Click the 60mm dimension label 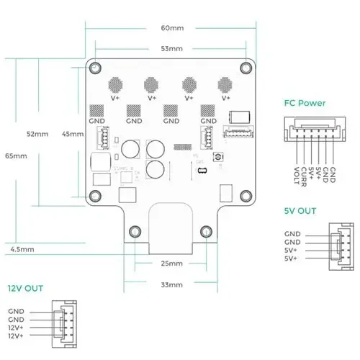[172, 28]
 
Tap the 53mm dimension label [172, 50]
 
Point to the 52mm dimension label [37, 134]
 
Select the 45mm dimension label [72, 134]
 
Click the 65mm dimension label [15, 156]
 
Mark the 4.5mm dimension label [21, 250]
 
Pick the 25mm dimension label [171, 263]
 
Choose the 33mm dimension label [171, 285]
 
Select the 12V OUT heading [25, 288]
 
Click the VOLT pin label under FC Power [297, 173]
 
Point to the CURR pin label [304, 173]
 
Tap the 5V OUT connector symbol [337, 246]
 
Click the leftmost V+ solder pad [114, 84]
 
